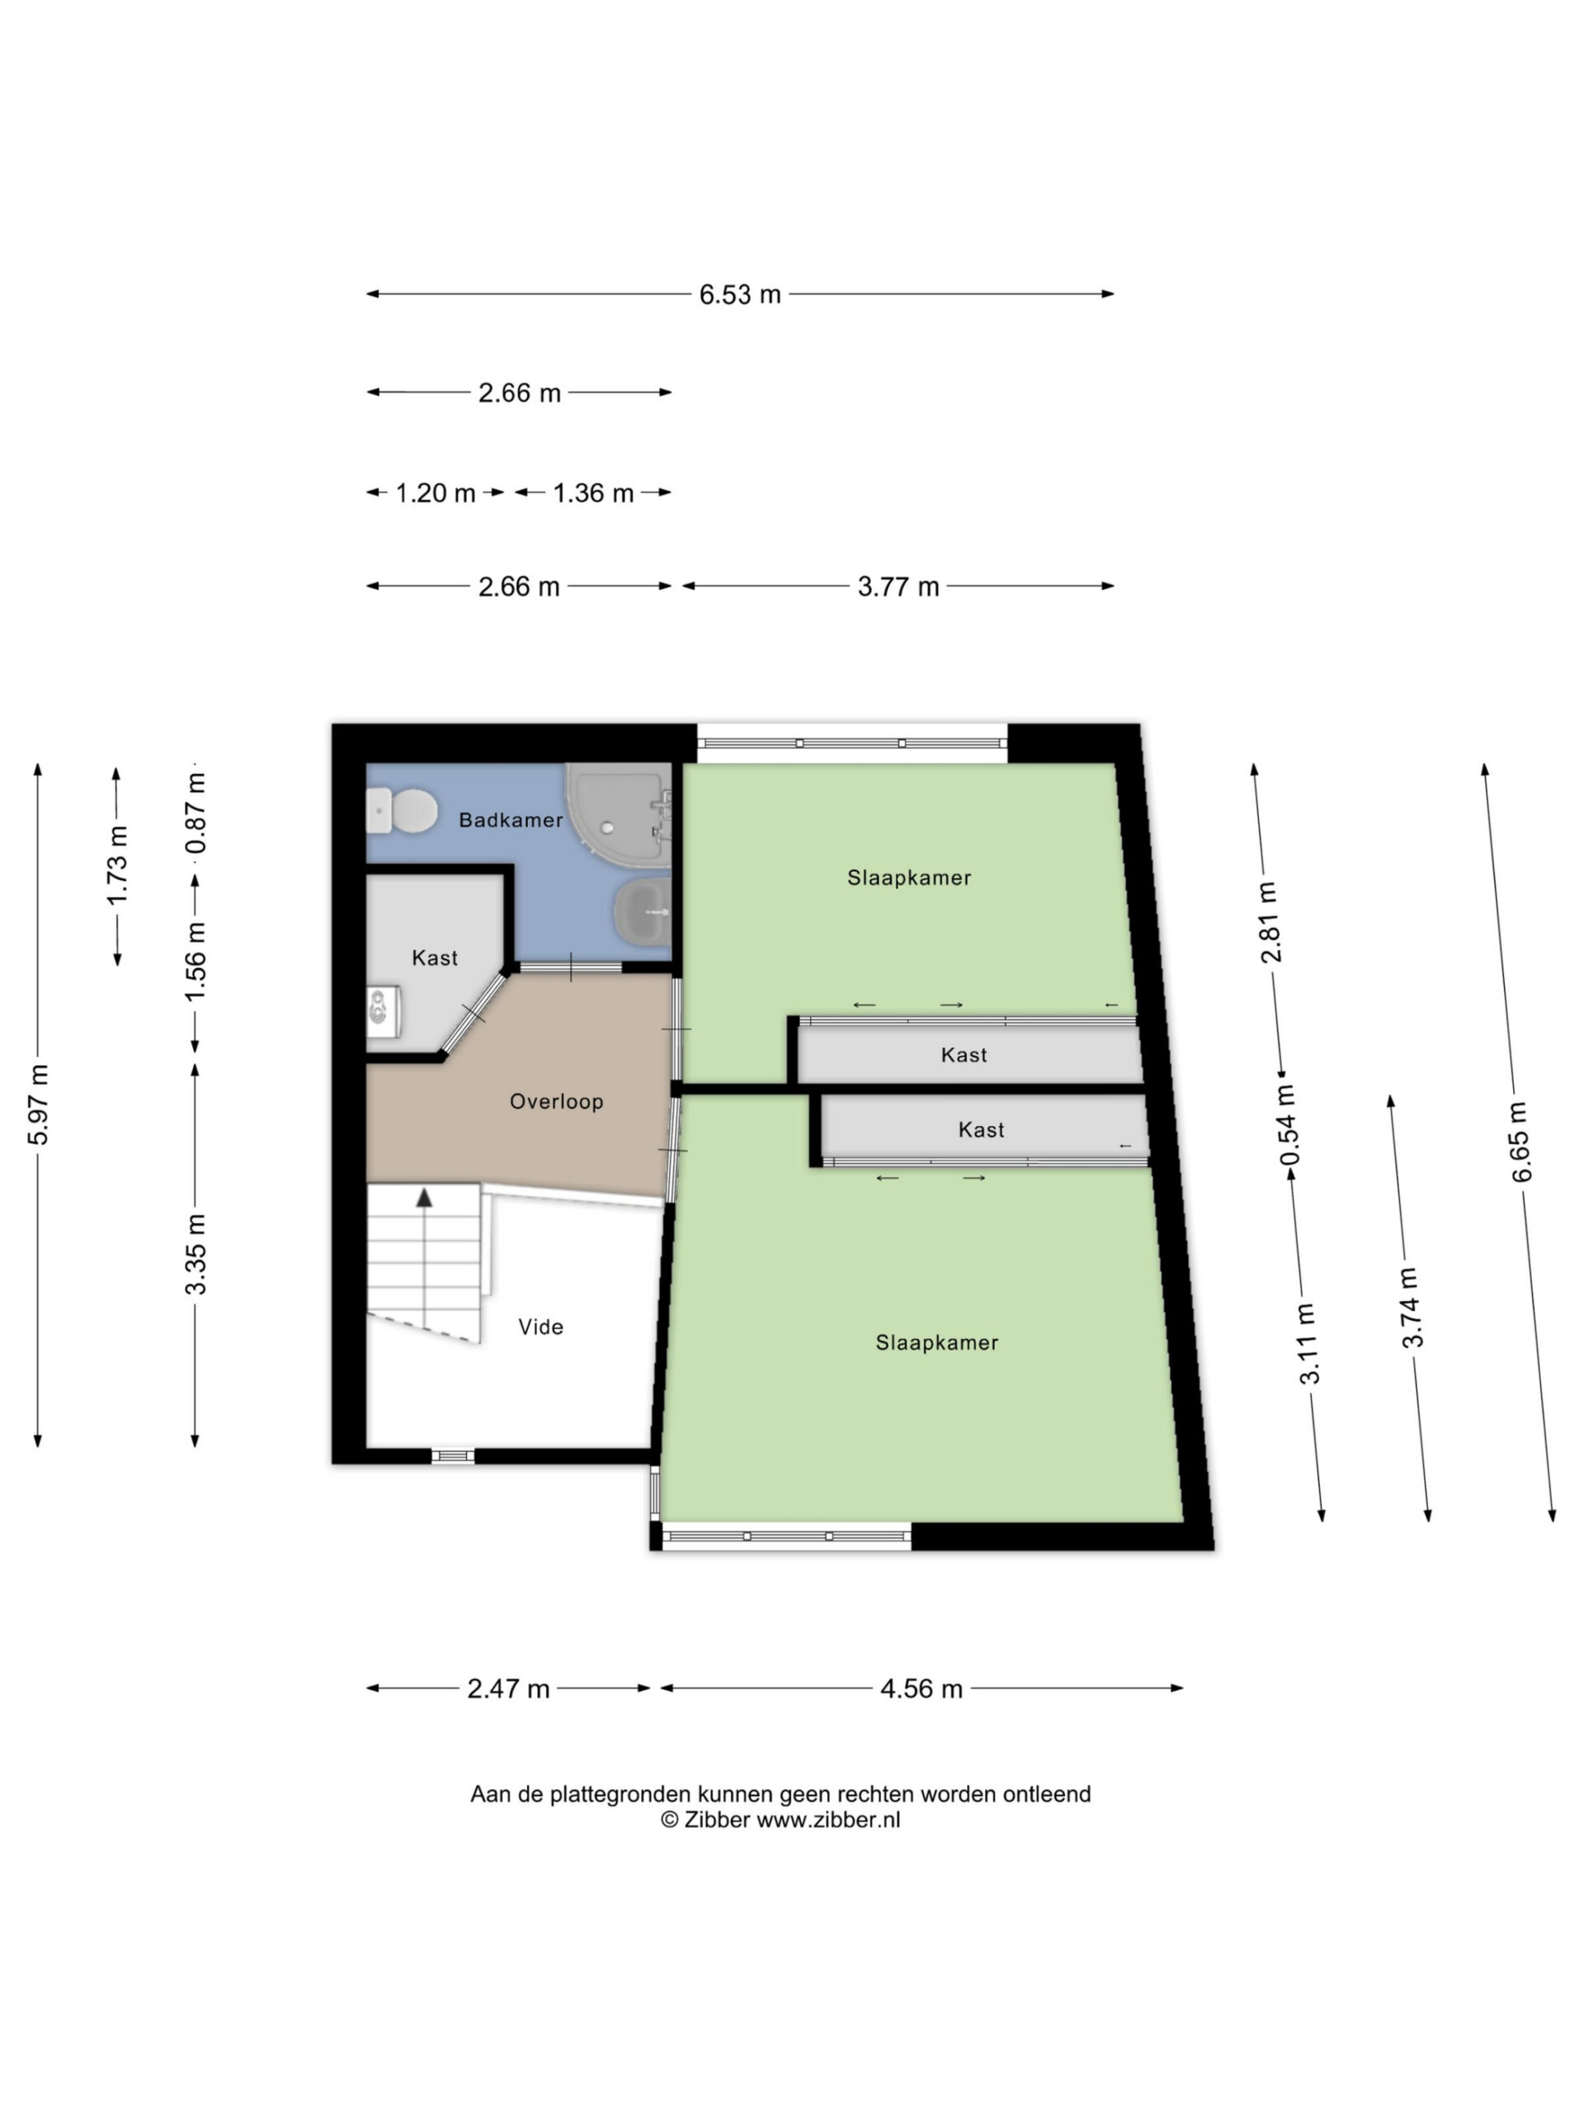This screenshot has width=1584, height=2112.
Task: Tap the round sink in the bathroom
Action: pos(643,912)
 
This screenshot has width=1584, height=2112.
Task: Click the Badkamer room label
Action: pos(511,819)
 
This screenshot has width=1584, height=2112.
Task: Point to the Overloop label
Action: pos(557,1101)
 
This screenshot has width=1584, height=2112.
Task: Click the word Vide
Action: pos(540,1327)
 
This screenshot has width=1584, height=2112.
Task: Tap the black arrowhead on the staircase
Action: pos(424,1196)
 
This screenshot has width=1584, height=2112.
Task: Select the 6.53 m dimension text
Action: pos(740,294)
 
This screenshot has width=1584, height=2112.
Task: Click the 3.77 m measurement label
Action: pos(898,587)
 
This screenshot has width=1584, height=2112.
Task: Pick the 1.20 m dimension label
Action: pos(436,493)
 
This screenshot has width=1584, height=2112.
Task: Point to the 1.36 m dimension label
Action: pos(593,493)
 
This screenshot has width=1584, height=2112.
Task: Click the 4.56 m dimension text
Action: pos(922,1688)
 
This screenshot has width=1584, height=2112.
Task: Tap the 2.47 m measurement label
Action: pos(508,1688)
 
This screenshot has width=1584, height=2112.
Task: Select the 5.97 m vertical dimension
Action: pos(38,1104)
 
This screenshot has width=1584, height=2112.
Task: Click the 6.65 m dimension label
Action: pos(1520,1141)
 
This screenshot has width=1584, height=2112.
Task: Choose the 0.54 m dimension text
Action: pos(1288,1124)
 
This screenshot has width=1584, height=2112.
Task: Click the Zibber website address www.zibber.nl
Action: pos(829,1820)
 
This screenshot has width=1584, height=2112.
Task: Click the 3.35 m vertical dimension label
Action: pos(195,1254)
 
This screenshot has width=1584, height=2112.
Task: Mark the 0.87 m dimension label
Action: pos(196,813)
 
